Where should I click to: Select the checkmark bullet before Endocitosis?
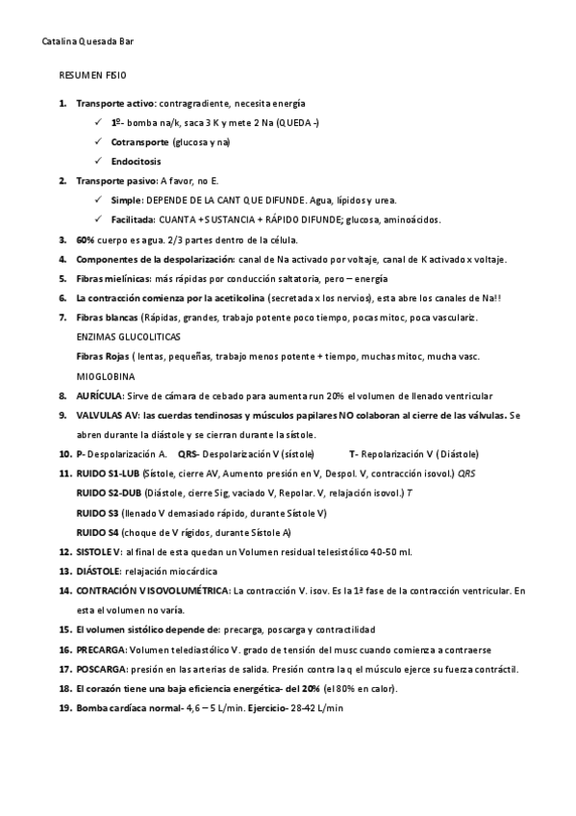click(x=101, y=161)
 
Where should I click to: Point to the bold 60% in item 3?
click(x=86, y=240)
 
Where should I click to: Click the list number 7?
click(x=63, y=318)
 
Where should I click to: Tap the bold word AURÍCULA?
click(x=99, y=395)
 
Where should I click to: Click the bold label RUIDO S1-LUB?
click(x=108, y=473)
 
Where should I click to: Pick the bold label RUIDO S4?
click(x=97, y=531)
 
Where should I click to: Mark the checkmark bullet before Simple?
click(x=101, y=200)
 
